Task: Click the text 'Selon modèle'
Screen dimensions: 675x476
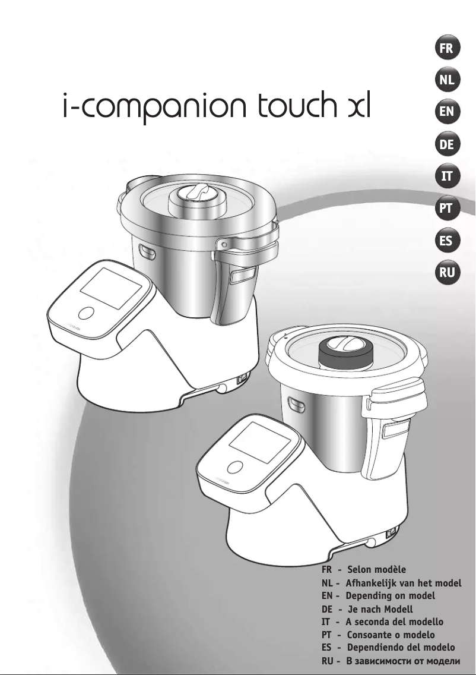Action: coord(376,570)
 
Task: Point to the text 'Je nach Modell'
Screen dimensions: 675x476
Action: coord(379,609)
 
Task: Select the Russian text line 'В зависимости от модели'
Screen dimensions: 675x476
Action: coord(403,661)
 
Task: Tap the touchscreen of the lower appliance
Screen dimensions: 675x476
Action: coord(260,443)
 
